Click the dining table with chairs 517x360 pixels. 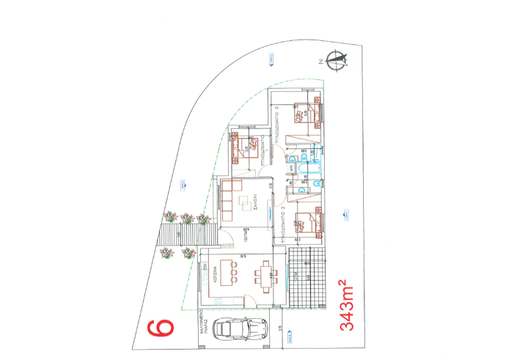pos(265,276)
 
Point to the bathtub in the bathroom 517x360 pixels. pos(306,170)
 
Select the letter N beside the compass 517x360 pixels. pos(320,62)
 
